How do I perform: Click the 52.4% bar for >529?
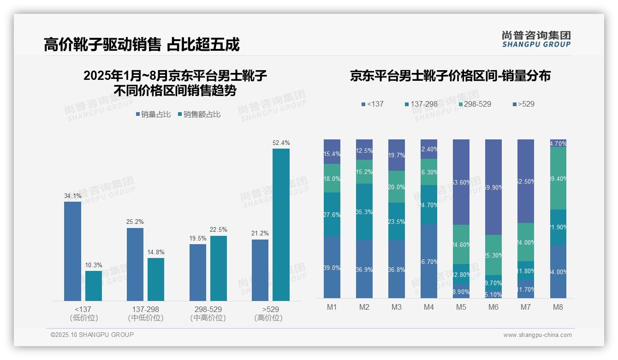[281, 224]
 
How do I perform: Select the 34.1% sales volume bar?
[72, 251]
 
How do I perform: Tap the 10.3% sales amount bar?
[94, 286]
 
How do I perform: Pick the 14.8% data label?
[156, 252]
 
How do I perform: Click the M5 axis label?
[461, 307]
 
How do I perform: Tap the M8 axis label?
[558, 307]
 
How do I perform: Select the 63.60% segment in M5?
[461, 182]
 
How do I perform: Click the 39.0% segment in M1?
[332, 267]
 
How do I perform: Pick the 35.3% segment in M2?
[364, 212]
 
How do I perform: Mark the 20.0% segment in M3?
[397, 187]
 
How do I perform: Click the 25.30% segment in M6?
[493, 255]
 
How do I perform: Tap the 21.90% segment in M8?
[558, 227]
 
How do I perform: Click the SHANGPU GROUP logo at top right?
[536, 39]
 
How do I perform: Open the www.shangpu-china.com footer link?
[537, 335]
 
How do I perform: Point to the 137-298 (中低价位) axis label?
[146, 313]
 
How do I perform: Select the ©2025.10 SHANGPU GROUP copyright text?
[92, 335]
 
